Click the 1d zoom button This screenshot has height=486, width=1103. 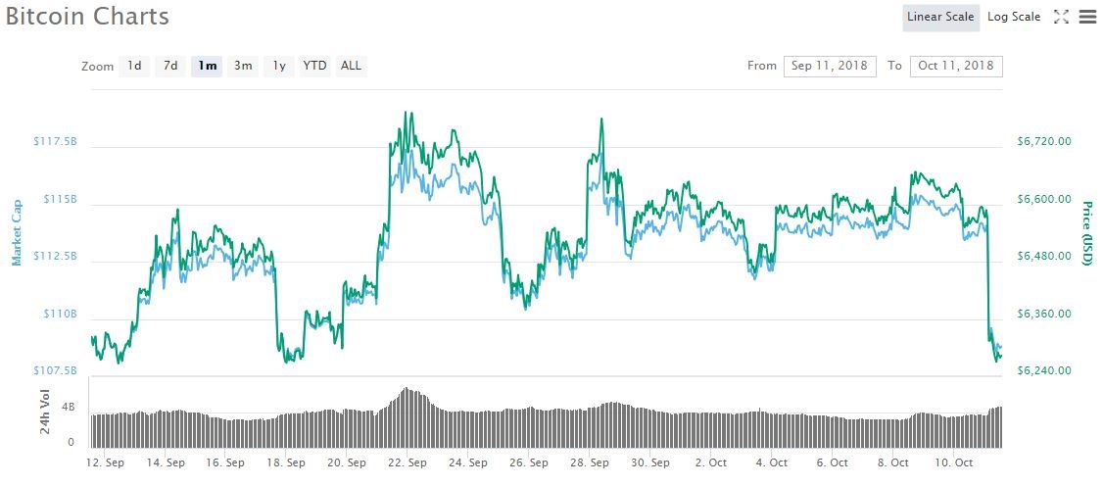click(134, 66)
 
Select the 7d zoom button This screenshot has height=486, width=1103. click(170, 66)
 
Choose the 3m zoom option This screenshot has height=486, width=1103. click(243, 66)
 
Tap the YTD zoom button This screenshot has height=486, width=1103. click(314, 66)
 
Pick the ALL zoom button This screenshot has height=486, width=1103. click(351, 66)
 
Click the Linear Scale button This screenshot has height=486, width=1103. click(940, 17)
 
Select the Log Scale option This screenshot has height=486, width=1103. click(1014, 17)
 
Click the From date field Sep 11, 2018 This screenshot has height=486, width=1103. click(830, 66)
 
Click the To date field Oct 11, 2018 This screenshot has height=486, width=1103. click(956, 66)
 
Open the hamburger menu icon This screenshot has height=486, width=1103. click(1086, 17)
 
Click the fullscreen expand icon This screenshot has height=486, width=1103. click(1061, 17)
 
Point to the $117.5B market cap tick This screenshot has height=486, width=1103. click(55, 142)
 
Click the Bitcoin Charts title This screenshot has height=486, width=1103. click(87, 17)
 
